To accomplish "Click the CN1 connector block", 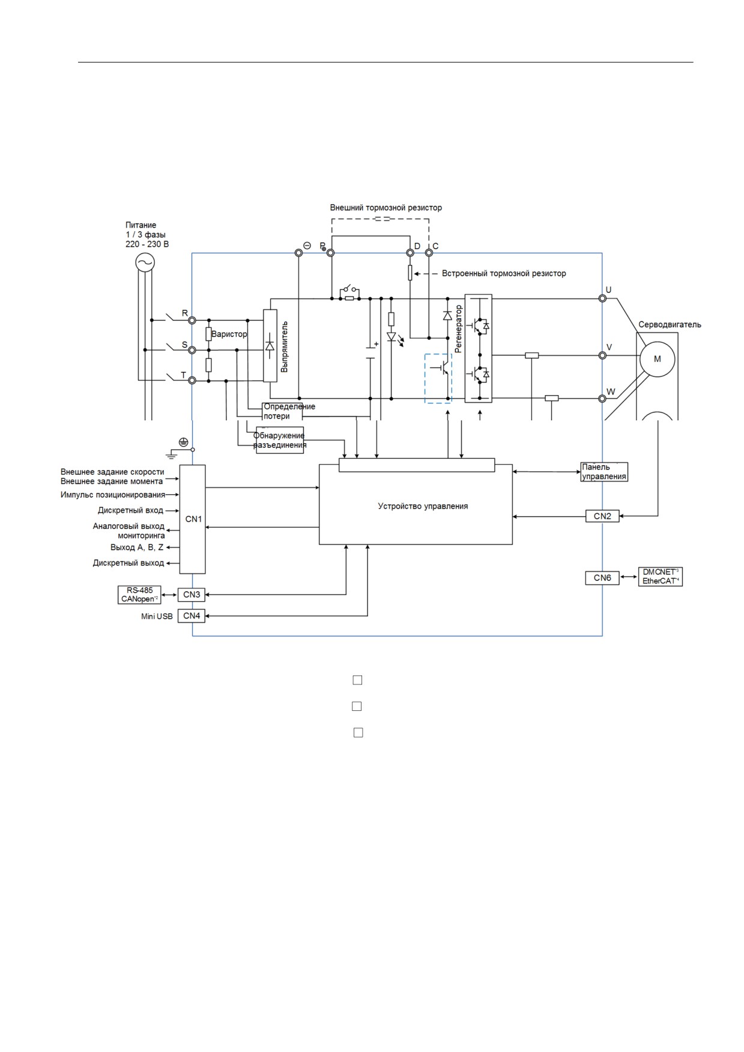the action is point(192,519).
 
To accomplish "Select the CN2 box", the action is point(602,516).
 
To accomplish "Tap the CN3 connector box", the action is point(192,594).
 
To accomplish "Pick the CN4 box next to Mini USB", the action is point(192,615).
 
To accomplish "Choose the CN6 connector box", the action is point(602,578).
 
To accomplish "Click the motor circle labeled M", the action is point(657,359).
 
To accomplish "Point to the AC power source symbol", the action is point(145,262).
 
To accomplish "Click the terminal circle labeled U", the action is point(602,298).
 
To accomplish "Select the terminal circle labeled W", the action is point(602,398).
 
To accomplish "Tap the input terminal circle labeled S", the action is point(192,349).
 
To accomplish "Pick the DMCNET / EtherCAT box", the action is point(661,576).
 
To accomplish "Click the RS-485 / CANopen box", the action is point(139,594).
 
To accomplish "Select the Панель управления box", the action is point(604,472).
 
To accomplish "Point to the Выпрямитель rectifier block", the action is point(270,346).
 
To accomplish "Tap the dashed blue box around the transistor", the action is point(438,379).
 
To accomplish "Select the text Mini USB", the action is point(157,617).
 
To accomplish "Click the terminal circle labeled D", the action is point(410,253).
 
